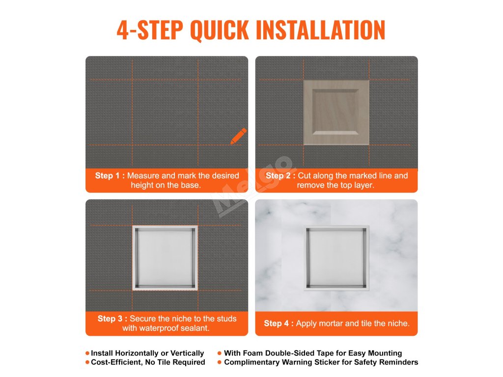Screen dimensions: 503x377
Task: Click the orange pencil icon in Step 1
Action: [x=239, y=136]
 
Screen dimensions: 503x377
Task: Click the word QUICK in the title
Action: [x=220, y=30]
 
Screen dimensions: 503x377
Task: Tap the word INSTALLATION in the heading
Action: [x=320, y=30]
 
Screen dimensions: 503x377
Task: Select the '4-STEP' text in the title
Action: [x=150, y=30]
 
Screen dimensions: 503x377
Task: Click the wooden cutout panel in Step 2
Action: [x=336, y=112]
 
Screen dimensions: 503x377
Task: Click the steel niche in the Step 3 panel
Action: [x=165, y=258]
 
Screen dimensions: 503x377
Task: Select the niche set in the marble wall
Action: [x=336, y=258]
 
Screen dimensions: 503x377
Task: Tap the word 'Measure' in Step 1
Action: [x=143, y=176]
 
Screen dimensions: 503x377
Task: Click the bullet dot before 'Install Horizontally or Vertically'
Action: [x=87, y=353]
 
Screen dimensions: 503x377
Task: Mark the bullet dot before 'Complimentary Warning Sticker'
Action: [x=220, y=362]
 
